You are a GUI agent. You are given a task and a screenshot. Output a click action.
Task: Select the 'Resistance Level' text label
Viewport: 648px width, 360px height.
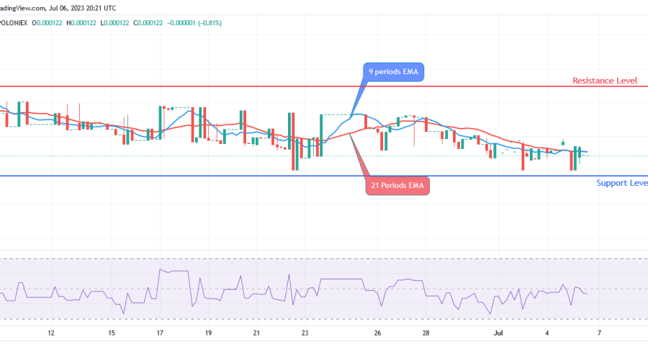[605, 81]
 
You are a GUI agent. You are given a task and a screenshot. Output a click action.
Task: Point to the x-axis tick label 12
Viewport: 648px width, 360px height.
[50, 333]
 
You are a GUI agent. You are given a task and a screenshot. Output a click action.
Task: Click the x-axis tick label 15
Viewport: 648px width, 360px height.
[112, 333]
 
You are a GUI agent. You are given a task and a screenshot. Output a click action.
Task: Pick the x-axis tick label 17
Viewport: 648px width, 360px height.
[160, 333]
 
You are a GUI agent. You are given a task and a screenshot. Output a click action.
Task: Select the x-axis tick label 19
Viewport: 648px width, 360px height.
[208, 333]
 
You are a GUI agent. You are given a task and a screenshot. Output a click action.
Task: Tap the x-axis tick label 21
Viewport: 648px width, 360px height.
[256, 333]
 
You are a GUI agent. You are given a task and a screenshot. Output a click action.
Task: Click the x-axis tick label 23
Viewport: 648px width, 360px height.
[305, 333]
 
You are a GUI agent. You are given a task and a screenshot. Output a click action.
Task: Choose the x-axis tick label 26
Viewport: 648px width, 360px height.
[377, 333]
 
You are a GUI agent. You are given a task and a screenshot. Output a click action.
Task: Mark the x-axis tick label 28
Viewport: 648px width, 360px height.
[426, 333]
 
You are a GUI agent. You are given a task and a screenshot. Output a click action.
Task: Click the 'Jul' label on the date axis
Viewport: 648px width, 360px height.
[498, 333]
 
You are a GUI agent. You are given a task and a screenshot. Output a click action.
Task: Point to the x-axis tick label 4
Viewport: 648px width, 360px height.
[547, 333]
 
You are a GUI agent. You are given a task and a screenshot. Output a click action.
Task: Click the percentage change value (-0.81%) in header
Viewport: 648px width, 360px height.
[207, 23]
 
